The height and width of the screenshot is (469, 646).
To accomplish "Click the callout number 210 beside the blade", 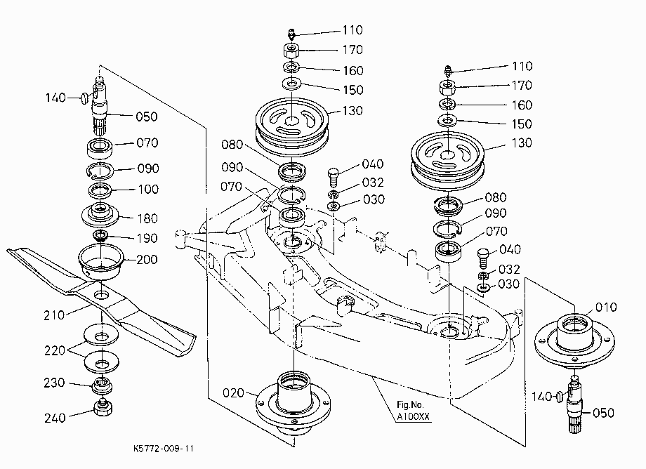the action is click(54, 315).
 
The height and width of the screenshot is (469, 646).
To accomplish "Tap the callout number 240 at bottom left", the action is click(55, 418).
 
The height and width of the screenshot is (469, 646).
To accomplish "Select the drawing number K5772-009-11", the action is click(164, 449).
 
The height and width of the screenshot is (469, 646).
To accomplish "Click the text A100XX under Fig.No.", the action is click(413, 416).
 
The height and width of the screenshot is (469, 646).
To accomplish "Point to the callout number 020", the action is click(234, 393).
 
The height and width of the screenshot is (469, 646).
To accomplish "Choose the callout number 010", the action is click(606, 308).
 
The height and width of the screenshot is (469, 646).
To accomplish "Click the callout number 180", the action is click(147, 218).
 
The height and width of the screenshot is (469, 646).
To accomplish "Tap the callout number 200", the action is click(147, 259).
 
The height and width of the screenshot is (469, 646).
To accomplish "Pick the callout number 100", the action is click(148, 189).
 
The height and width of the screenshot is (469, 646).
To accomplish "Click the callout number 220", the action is click(55, 350).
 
